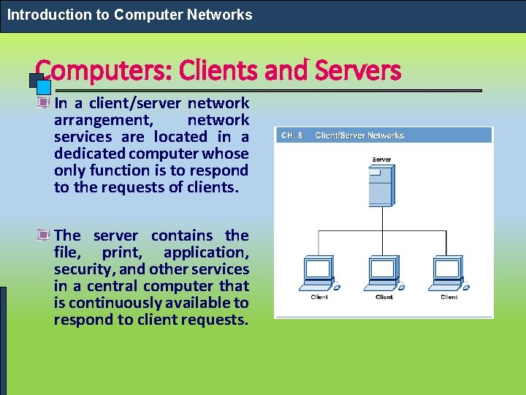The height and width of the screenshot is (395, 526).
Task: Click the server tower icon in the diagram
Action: tap(381, 186)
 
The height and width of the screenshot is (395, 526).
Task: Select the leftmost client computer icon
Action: tap(319, 274)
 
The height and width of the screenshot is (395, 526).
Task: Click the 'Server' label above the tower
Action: tap(381, 159)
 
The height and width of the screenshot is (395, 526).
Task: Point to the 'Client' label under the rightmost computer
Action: tap(449, 297)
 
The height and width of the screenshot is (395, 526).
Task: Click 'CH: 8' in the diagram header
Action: tap(292, 135)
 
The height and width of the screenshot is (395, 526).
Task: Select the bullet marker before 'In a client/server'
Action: tap(45, 103)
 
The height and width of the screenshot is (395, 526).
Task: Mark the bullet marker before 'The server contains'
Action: tap(45, 236)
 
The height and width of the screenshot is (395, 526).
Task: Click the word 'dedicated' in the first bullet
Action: tap(89, 154)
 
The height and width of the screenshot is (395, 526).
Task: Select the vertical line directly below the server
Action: tap(381, 219)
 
